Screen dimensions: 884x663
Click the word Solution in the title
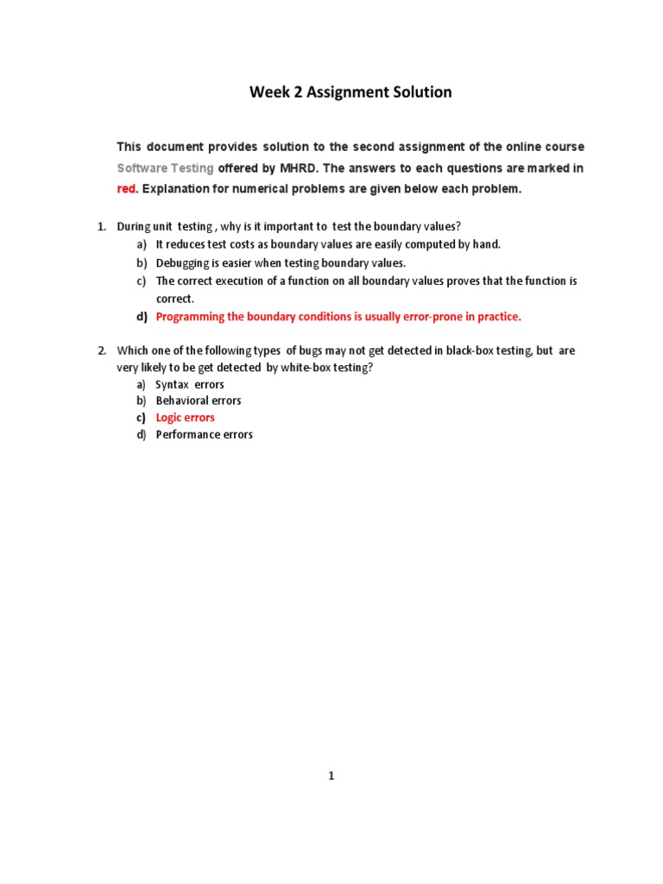417,92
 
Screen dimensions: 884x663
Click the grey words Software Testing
165,167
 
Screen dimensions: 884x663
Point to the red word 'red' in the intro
128,189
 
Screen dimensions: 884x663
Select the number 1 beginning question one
100,227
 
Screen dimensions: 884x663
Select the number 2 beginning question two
100,350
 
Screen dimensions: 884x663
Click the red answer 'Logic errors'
185,418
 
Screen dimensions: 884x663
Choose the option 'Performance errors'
204,434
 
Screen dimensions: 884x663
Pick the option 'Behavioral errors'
198,401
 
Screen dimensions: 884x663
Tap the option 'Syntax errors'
189,384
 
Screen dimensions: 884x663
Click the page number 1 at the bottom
331,776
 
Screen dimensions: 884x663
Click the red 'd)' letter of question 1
142,317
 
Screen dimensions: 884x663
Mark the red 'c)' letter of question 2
142,418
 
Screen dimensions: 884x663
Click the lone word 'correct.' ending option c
174,299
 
